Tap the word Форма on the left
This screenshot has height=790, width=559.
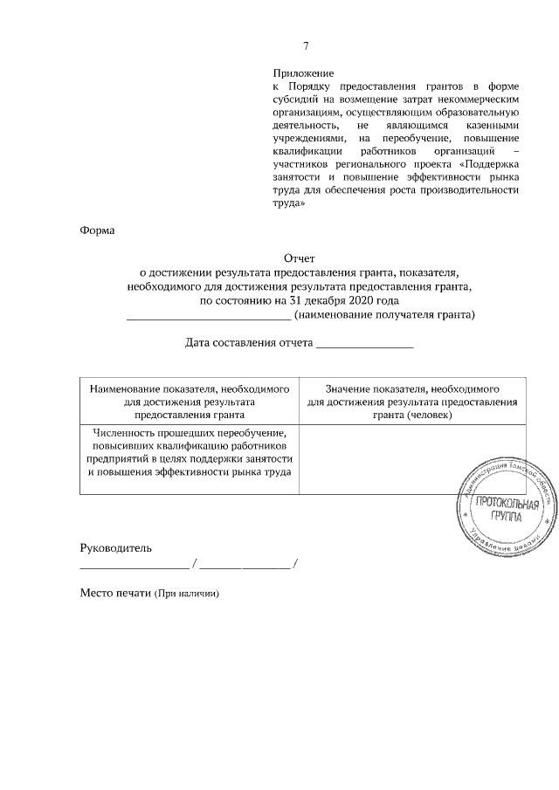coord(97,230)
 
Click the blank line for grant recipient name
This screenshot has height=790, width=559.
coord(210,316)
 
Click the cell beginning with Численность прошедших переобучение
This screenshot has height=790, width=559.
coord(189,452)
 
